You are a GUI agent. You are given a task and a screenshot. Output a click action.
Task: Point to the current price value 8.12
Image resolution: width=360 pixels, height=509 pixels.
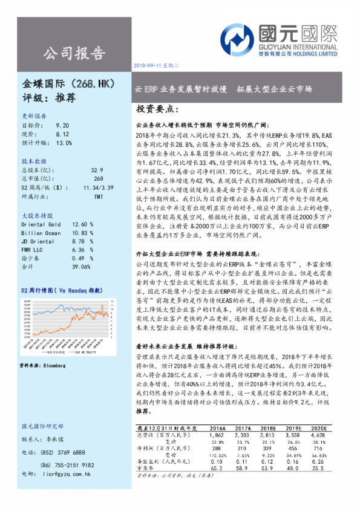pyautogui.click(x=62, y=133)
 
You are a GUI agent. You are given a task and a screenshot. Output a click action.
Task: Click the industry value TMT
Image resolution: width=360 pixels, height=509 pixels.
pyautogui.click(x=97, y=196)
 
